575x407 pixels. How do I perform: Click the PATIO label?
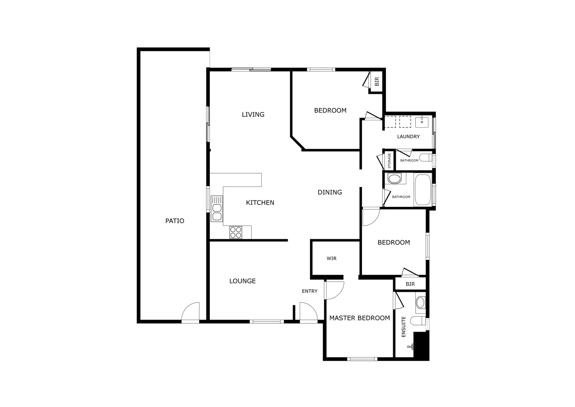click(x=175, y=221)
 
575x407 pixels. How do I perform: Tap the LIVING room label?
click(x=253, y=115)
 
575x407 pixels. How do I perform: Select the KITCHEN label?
click(x=260, y=203)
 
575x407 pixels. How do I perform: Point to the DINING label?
click(x=330, y=192)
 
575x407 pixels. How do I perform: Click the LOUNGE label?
click(x=243, y=281)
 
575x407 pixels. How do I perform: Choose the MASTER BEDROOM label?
click(x=360, y=318)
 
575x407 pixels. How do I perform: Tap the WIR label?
click(x=331, y=259)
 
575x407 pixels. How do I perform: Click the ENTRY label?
click(x=310, y=291)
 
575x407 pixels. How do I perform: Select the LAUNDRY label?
click(x=408, y=137)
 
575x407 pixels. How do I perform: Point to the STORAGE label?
click(x=389, y=161)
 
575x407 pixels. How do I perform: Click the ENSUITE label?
click(x=404, y=327)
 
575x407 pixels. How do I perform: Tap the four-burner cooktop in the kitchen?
click(x=236, y=232)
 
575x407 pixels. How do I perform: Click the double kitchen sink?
click(x=217, y=208)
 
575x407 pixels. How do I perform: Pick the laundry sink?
click(x=422, y=122)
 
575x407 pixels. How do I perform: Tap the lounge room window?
click(x=267, y=321)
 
